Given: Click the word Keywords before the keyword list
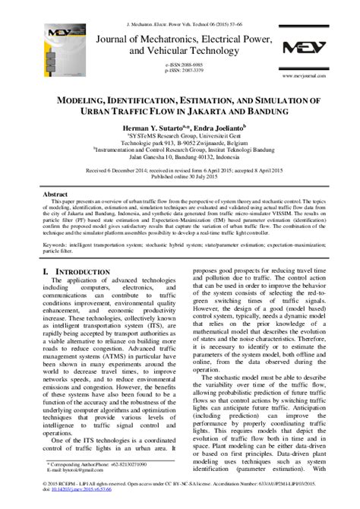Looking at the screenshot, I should [58, 245].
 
